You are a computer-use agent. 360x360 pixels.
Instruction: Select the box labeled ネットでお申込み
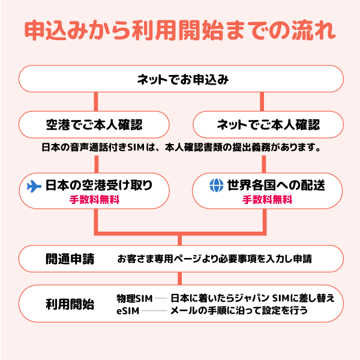click(180, 79)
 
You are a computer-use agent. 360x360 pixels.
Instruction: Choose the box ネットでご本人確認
click(268, 125)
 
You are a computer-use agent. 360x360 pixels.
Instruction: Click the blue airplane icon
click(35, 186)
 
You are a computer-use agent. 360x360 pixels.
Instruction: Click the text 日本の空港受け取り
click(99, 186)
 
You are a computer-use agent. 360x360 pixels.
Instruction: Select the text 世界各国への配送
click(276, 186)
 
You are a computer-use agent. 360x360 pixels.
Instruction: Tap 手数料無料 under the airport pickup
click(94, 200)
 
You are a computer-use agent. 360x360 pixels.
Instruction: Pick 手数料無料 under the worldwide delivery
click(268, 200)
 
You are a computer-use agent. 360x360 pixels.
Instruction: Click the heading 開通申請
click(70, 259)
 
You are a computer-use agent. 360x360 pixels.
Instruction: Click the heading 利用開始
click(70, 304)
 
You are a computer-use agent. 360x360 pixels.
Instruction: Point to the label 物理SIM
click(134, 298)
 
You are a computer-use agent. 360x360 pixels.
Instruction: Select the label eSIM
click(128, 310)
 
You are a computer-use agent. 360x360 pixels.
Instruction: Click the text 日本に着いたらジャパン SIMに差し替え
click(253, 298)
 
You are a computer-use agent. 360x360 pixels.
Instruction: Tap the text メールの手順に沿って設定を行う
click(239, 310)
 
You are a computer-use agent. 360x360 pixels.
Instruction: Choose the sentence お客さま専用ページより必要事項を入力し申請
click(214, 259)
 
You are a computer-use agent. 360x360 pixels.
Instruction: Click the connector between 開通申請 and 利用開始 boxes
click(180, 278)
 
